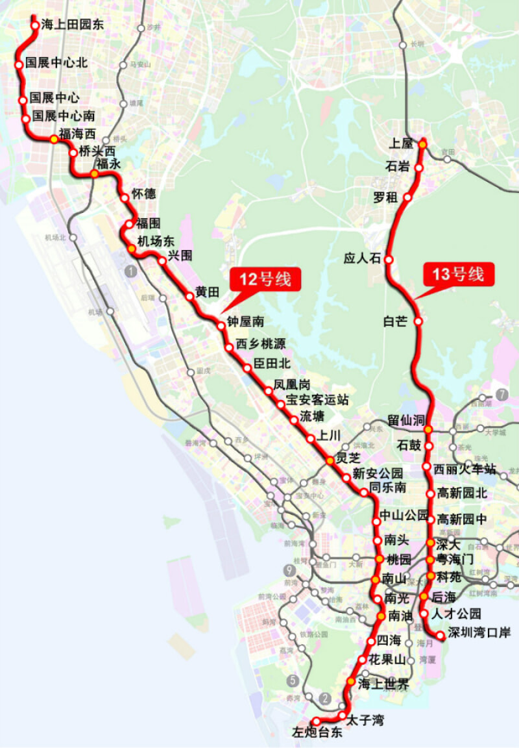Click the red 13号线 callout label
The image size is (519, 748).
tap(458, 274)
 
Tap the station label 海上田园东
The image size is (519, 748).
tap(72, 25)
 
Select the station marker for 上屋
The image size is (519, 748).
tap(422, 143)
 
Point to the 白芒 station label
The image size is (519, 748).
tap(394, 321)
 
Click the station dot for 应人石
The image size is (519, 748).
tap(389, 259)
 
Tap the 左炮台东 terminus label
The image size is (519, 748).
tap(316, 733)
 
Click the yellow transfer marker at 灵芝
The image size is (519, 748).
tap(330, 460)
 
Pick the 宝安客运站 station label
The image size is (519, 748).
tap(317, 400)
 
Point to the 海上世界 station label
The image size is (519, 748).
tap(383, 684)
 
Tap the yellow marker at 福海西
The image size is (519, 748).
tap(54, 138)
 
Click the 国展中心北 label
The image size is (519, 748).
tap(56, 64)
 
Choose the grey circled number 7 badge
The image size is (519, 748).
tap(501, 394)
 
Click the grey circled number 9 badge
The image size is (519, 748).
tap(289, 571)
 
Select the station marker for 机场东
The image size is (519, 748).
tap(131, 249)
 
